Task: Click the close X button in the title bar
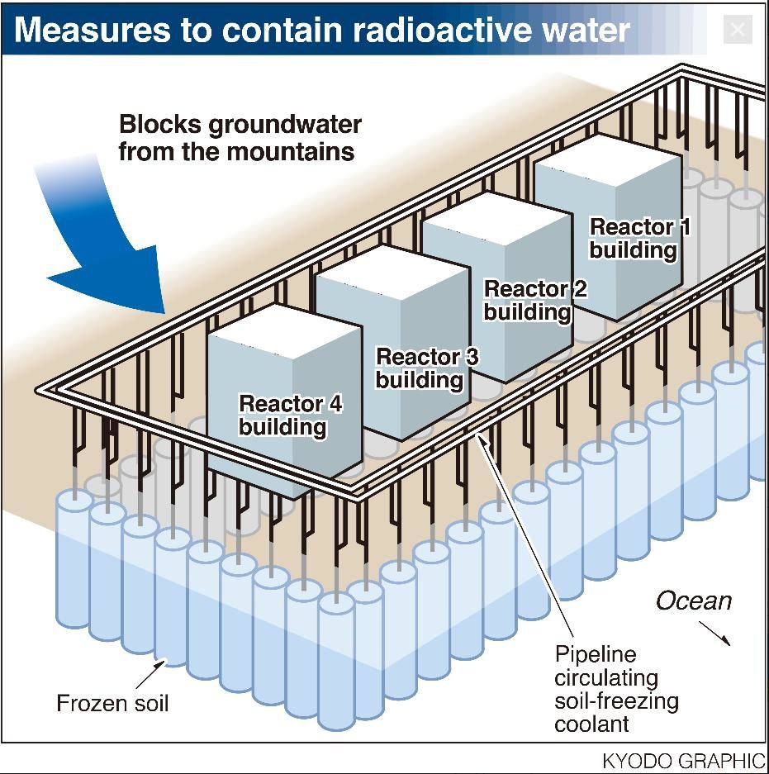click(737, 31)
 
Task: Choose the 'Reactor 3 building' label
click(426, 368)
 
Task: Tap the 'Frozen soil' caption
click(112, 704)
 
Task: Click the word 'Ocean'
click(694, 601)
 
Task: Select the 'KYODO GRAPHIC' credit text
click(683, 760)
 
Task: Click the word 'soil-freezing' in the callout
click(616, 701)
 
